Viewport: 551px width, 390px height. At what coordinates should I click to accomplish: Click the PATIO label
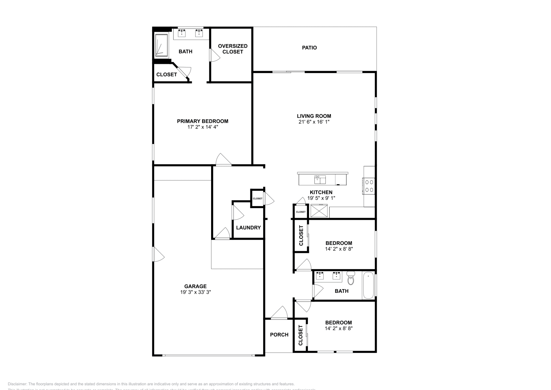(309, 48)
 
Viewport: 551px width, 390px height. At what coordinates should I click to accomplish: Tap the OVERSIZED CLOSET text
(232, 49)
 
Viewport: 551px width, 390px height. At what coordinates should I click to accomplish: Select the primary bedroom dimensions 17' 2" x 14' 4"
(202, 127)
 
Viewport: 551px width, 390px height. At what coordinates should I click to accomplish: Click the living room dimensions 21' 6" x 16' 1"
(314, 122)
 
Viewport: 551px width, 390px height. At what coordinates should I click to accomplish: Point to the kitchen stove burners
(370, 186)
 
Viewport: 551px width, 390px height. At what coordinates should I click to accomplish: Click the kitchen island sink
(320, 179)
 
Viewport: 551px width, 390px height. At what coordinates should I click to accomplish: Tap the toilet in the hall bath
(351, 278)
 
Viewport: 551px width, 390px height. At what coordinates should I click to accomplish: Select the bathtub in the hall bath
(368, 286)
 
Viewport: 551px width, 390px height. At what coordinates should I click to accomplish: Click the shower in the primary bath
(161, 45)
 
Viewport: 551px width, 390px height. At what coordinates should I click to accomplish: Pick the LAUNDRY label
(248, 227)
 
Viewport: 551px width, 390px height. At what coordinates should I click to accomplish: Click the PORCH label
(279, 335)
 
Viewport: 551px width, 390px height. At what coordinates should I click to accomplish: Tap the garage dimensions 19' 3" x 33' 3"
(195, 292)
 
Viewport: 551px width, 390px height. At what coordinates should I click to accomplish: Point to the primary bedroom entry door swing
(223, 160)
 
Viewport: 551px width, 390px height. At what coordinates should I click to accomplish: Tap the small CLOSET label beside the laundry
(258, 198)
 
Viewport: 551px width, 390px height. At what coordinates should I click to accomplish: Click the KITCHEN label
(321, 192)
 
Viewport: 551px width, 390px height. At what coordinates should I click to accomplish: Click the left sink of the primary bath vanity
(181, 33)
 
